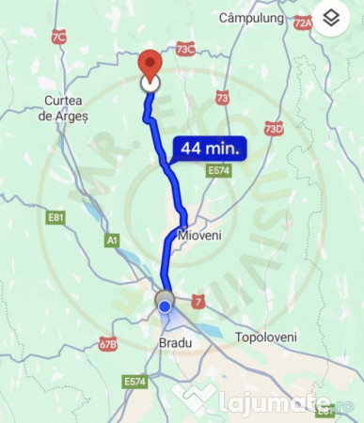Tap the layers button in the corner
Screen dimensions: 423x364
pos(330,18)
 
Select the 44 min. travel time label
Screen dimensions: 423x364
pos(209,148)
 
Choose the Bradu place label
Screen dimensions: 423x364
pos(170,343)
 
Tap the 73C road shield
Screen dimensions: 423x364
pos(185,48)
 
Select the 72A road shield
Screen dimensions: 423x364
pos(302,23)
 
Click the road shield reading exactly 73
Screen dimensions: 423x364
pos(222,97)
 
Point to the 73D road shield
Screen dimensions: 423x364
pos(273,128)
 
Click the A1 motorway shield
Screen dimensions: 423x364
pos(113,242)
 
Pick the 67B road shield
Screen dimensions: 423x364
pos(108,345)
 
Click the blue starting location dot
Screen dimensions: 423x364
pos(166,305)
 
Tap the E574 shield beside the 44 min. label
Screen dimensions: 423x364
pos(219,170)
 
